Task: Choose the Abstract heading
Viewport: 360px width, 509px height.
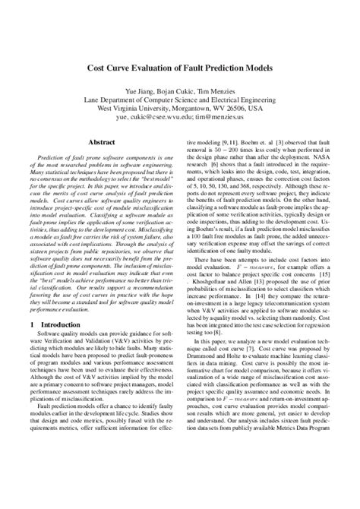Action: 103,142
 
